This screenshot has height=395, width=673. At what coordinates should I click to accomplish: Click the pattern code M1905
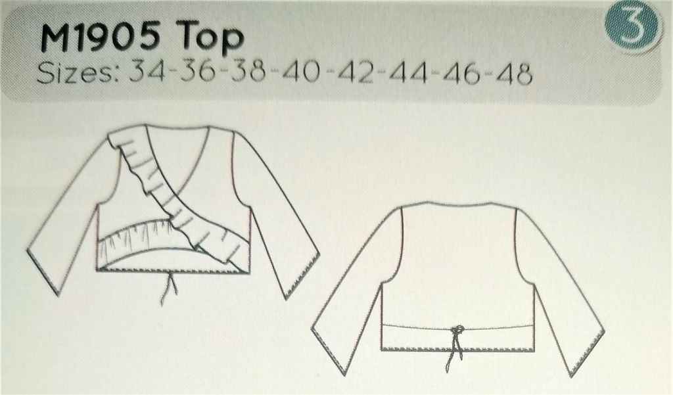(x=101, y=38)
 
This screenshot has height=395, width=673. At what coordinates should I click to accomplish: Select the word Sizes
(x=74, y=74)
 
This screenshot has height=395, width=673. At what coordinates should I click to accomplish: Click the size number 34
(x=148, y=74)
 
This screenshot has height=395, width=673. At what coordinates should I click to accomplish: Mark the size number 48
(x=513, y=74)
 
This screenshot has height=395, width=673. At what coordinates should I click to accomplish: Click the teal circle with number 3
(x=633, y=24)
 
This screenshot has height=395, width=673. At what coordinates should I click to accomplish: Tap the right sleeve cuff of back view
(x=588, y=355)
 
